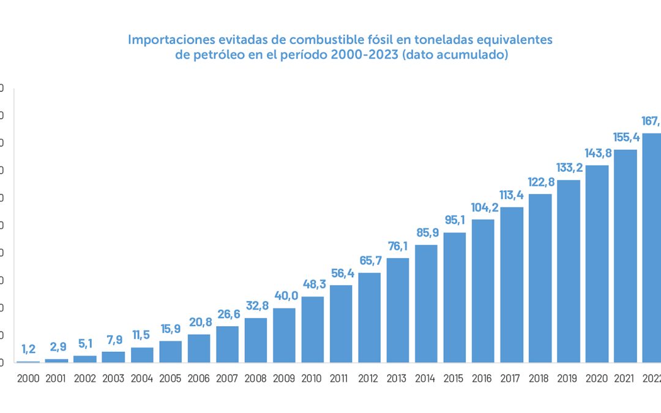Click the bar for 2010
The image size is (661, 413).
pos(312,330)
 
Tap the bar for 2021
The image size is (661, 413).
pos(625,256)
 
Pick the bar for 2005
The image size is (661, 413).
pos(170,352)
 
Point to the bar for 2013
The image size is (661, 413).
pos(398,310)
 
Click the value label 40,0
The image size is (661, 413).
pos(284,296)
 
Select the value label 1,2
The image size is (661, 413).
pos(28,349)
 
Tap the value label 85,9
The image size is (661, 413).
pos(426,233)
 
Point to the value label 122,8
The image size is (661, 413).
pos(540,182)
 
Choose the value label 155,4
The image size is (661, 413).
pos(625,138)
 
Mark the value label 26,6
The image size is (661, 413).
pos(227,314)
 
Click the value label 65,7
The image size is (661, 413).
pos(369,261)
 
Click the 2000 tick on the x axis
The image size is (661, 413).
pos(28,378)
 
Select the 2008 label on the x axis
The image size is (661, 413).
pos(255,378)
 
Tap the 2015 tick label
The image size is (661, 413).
pos(454,378)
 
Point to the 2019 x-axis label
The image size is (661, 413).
pos(568,378)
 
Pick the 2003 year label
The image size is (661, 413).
pos(113,378)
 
